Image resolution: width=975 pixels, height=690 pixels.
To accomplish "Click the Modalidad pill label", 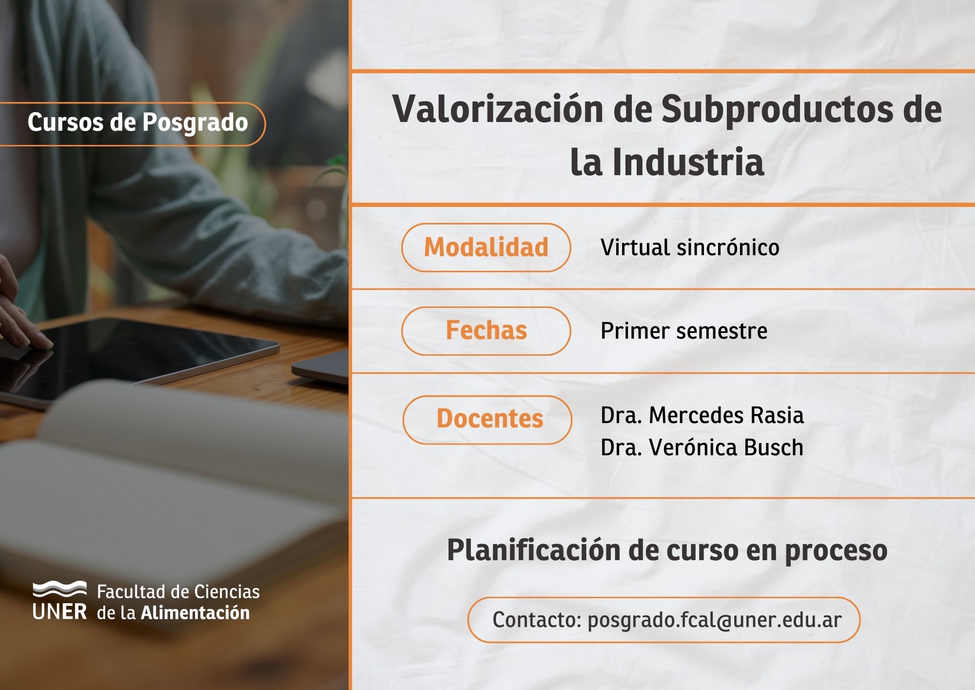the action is [486, 247].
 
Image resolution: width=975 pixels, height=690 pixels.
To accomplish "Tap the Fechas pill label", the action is [486, 331].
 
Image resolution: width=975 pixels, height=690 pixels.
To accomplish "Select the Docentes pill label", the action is [487, 420].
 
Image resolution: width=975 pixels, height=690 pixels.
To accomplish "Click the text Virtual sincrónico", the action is [690, 247].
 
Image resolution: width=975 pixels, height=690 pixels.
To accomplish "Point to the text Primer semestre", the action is [684, 331].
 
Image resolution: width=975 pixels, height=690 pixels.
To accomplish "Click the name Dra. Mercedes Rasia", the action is [702, 415].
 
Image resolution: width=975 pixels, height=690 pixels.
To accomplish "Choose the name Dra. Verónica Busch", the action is [702, 447].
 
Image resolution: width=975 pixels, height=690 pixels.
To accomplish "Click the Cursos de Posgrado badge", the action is [133, 124].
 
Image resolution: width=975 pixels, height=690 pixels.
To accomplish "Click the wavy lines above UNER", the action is [59, 589].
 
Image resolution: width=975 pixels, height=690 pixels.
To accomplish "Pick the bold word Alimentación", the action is [195, 612].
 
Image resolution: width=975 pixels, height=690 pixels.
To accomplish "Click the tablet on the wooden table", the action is [141, 356].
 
